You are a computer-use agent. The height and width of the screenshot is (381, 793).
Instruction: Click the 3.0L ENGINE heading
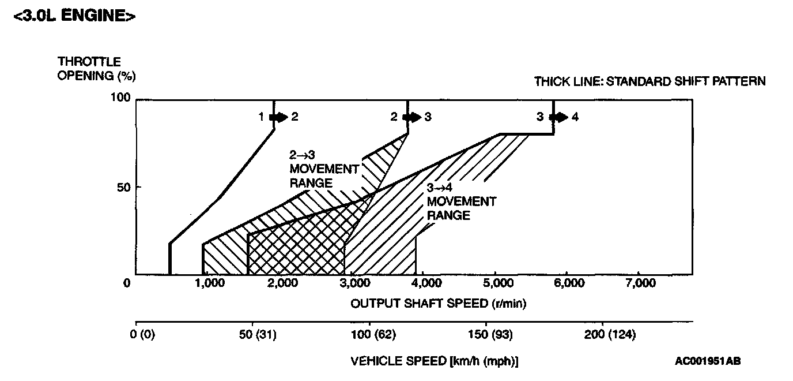coord(74,17)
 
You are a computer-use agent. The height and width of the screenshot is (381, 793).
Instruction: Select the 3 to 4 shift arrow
coord(558,117)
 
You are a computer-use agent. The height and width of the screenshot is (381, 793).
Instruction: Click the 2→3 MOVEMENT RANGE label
coord(324,169)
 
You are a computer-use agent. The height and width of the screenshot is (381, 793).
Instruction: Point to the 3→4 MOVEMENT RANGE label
coord(460,201)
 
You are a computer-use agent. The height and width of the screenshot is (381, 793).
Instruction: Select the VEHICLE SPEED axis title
coord(435,361)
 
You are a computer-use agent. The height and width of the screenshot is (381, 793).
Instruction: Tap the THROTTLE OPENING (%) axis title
coord(97,69)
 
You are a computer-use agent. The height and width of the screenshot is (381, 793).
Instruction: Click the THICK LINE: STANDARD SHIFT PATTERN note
coord(649,81)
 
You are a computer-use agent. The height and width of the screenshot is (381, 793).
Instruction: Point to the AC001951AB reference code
coord(708,361)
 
